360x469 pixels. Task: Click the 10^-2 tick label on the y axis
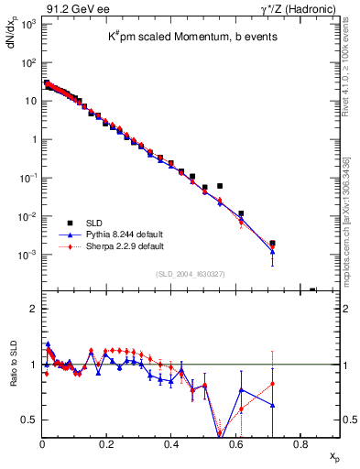pyautogui.click(x=27, y=216)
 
